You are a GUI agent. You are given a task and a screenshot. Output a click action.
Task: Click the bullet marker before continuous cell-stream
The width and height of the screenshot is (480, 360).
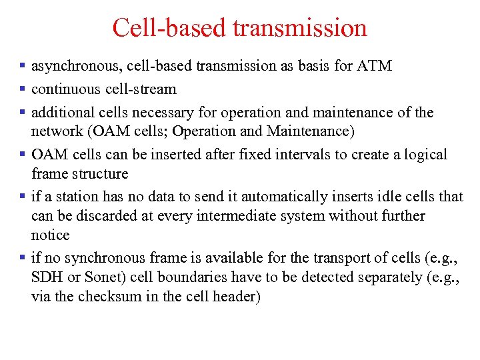[23, 89]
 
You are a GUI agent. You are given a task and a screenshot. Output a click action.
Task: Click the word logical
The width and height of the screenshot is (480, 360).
[424, 155]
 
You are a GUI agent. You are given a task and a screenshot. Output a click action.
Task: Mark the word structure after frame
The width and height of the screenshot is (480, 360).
[100, 173]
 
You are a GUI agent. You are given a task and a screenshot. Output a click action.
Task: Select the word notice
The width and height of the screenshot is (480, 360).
[50, 235]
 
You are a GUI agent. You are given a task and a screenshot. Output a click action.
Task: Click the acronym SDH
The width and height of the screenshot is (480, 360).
[45, 277]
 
